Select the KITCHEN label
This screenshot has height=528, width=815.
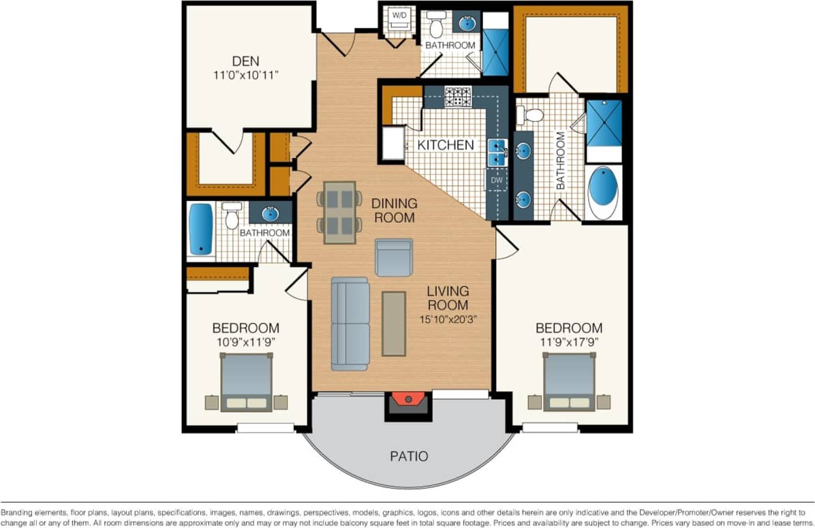445,145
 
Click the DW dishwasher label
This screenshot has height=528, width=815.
496,181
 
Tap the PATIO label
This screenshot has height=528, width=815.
409,456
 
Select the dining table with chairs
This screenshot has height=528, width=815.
339,212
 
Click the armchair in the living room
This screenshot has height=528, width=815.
394,258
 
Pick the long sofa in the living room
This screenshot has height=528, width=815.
350,324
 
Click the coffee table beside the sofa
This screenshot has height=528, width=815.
394,323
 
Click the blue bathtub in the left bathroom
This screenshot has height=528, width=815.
200,230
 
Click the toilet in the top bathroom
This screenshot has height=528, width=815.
437,25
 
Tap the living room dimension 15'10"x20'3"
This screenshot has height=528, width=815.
447,318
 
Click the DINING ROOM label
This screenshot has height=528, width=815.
393,211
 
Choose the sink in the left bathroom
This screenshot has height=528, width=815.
270,213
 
